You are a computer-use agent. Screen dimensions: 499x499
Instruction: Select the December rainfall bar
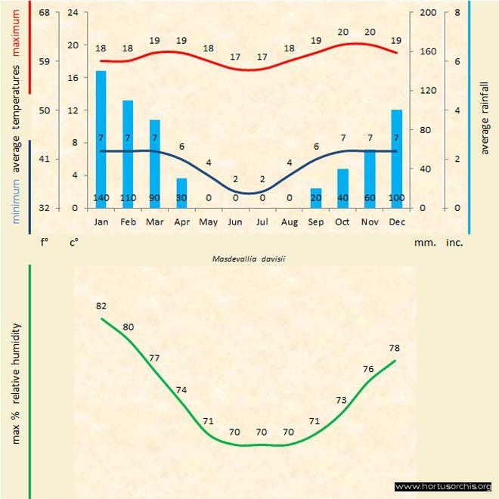point(396,159)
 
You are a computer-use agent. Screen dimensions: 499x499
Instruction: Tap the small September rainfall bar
point(315,198)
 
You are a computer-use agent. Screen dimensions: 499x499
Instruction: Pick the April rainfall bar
point(181,193)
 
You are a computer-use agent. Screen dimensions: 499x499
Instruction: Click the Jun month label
point(235,222)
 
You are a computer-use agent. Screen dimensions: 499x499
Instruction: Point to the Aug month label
point(289,222)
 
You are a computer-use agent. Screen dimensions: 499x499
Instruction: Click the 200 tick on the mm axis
point(428,13)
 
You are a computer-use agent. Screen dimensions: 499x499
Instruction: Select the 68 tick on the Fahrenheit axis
point(45,13)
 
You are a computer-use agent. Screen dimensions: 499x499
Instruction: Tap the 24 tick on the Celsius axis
point(73,13)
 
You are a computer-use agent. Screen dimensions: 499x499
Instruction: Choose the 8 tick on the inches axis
point(457,13)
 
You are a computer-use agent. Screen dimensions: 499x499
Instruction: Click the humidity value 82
point(101,306)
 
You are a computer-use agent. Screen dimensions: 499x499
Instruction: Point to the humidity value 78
point(395,348)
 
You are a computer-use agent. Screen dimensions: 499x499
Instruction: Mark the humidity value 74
point(181,390)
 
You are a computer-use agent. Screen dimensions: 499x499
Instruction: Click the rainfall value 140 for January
point(101,198)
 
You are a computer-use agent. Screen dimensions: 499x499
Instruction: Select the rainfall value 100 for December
point(396,198)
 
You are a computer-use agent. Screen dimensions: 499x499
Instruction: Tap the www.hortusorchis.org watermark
point(443,486)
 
